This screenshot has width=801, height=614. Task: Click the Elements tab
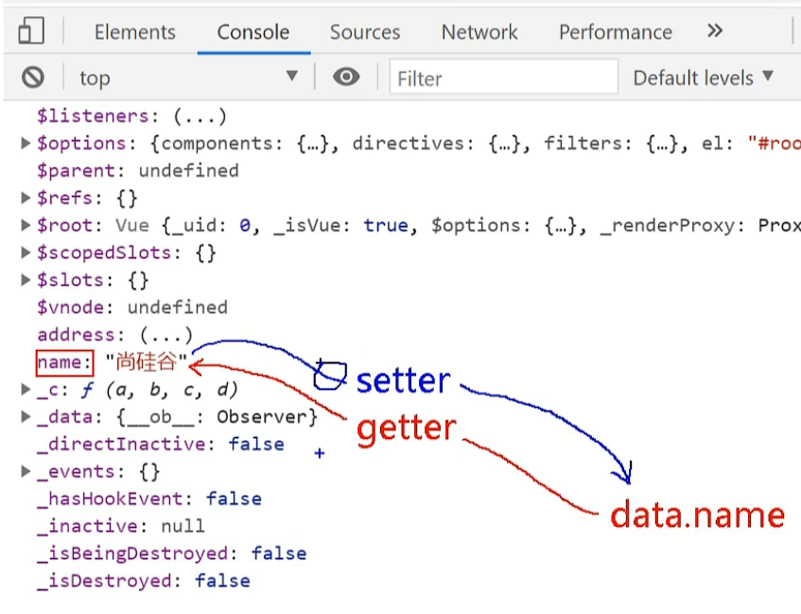point(134,32)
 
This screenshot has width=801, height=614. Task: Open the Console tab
point(253,32)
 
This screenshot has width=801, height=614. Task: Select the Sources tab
point(365,32)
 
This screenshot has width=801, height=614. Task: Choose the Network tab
point(479,32)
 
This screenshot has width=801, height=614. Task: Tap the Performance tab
point(615,32)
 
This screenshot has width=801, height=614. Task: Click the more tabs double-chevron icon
point(715,31)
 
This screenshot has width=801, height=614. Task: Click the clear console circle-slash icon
point(33,78)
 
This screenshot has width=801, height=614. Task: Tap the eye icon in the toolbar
point(346,78)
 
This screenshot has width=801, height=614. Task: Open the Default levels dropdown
point(703,78)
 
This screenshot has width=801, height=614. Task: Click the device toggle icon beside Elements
point(31,32)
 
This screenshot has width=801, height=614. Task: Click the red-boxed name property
point(64,362)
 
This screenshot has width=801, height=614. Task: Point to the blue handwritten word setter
point(403,381)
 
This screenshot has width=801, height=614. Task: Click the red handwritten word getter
point(407,429)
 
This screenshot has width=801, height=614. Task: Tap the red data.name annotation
point(697,516)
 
